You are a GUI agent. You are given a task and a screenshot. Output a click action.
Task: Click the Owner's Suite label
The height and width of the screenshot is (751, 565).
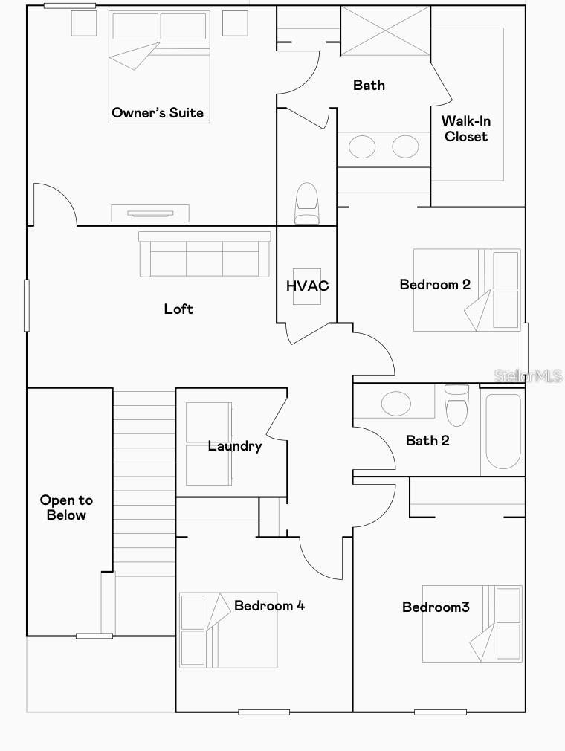tap(158, 113)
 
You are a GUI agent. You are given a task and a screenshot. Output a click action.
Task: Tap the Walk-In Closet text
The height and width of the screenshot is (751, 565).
tap(466, 129)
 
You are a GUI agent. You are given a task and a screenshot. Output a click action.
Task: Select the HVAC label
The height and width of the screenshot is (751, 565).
tap(307, 286)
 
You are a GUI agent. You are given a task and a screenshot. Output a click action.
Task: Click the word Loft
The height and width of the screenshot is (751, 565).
tap(178, 309)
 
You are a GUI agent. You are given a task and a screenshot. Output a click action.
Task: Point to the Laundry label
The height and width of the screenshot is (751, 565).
tap(235, 446)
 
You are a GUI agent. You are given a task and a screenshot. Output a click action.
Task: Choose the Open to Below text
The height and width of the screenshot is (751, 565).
tap(66, 508)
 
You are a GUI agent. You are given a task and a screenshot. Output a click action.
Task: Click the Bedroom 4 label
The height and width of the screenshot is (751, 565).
tap(269, 605)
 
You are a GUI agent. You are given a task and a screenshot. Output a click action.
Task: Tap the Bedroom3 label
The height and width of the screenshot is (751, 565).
tap(436, 607)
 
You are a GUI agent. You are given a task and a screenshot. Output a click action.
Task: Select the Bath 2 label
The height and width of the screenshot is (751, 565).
tap(427, 441)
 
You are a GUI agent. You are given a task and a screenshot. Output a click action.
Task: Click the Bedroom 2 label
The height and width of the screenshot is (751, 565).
tap(435, 284)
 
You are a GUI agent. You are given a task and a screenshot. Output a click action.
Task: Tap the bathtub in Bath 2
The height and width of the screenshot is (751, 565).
tap(503, 432)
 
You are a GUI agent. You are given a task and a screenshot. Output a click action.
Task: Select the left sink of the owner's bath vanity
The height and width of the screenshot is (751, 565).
tap(363, 146)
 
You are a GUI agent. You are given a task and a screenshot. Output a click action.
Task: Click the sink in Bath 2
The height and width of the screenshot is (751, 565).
tap(395, 404)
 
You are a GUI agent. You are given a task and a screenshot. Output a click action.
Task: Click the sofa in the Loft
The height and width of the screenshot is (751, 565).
tap(204, 254)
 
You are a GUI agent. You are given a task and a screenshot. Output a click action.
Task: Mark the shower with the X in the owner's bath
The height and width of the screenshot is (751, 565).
tap(385, 30)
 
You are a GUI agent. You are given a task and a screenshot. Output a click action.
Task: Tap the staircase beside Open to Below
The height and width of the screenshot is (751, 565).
tap(143, 483)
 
